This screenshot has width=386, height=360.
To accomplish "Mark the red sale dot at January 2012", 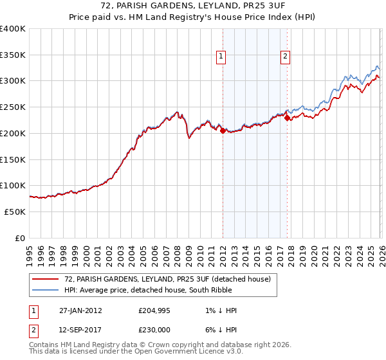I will [x=223, y=130].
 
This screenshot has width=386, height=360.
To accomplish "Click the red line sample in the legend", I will [x=46, y=279].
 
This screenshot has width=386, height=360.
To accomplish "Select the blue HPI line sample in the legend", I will [x=46, y=290].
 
